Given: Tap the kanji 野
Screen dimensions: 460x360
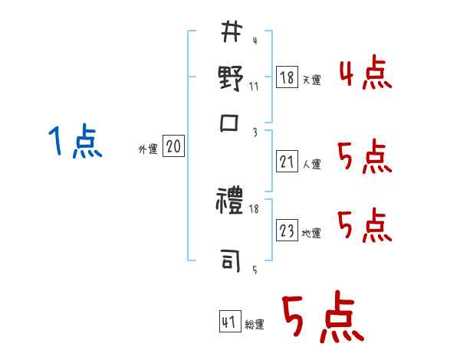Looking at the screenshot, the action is [231, 80].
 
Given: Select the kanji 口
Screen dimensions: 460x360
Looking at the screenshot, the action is [231, 123].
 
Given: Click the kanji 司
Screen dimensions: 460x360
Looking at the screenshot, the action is [231, 261].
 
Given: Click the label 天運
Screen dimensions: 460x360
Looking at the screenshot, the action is [311, 80].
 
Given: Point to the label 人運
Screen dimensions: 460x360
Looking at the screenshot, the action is [311, 164].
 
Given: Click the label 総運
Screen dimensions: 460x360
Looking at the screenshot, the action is [255, 325].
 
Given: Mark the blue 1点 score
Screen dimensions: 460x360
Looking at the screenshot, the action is [75, 142].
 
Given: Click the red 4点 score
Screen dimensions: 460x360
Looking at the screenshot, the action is [365, 75].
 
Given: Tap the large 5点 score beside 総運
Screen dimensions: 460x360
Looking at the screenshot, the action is [322, 318].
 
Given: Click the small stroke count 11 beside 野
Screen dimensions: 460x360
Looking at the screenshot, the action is [254, 86].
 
